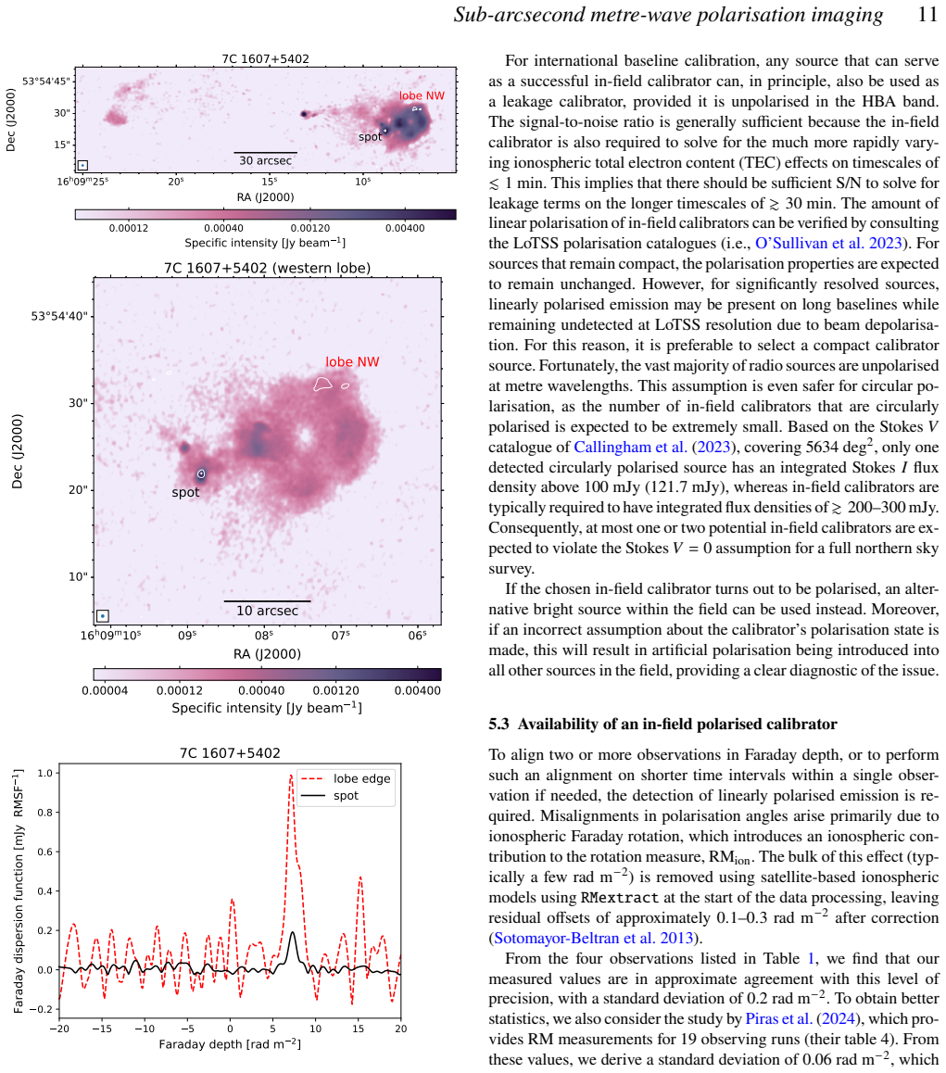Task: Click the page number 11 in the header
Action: (927, 15)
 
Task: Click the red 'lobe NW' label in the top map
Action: (422, 95)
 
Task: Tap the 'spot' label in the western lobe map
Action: (185, 492)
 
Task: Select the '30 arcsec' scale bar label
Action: (266, 161)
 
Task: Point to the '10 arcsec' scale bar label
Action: (268, 611)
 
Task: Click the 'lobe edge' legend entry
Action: (361, 778)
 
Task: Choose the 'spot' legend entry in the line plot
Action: (346, 796)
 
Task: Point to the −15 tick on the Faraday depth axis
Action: (101, 1029)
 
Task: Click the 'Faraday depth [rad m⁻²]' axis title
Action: (230, 1044)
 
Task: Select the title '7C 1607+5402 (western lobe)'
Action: (267, 268)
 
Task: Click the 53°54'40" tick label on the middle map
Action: (59, 316)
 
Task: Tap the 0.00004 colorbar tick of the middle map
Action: (105, 690)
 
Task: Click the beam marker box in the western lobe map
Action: (103, 616)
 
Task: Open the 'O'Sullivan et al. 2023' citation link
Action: (828, 244)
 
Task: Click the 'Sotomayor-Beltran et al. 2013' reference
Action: (594, 939)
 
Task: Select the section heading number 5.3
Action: (499, 724)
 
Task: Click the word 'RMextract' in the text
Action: (620, 898)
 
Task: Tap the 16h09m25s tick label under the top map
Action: (82, 182)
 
